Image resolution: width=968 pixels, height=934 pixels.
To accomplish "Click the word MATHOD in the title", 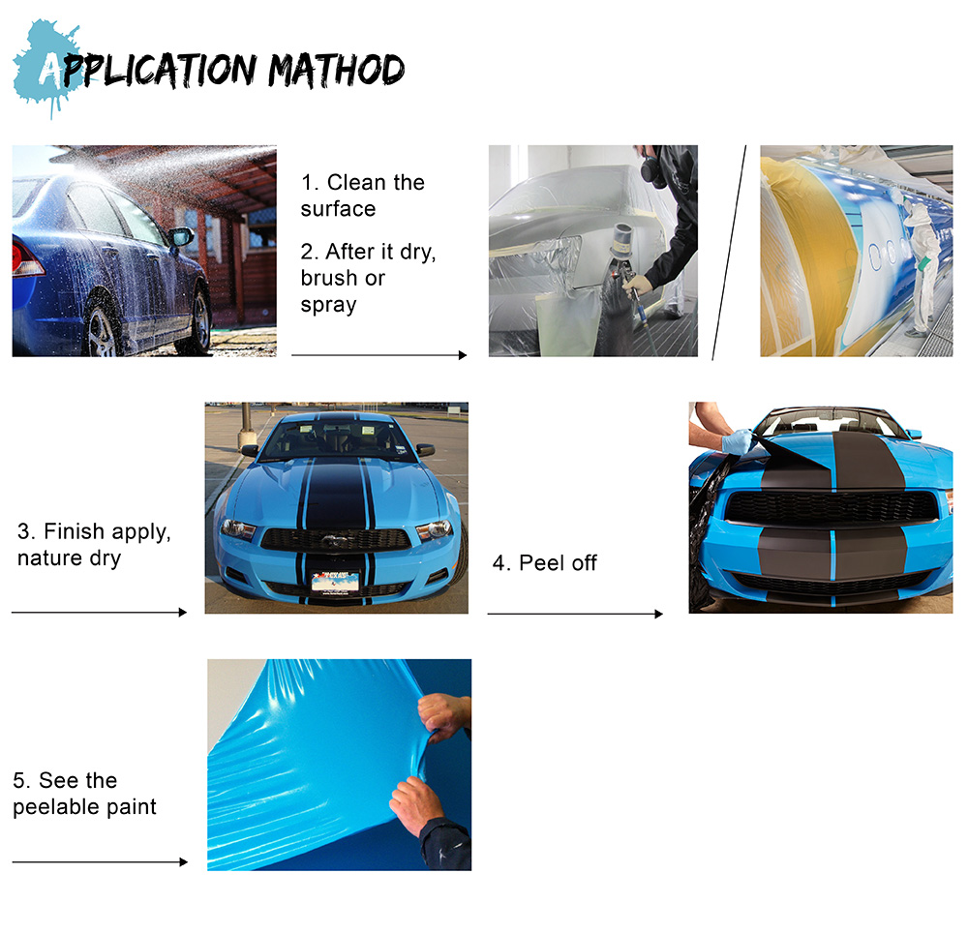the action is [336, 71].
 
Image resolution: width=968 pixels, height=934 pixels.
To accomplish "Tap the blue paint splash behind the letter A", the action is [46, 68].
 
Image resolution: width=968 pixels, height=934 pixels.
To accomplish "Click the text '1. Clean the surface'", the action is [363, 196].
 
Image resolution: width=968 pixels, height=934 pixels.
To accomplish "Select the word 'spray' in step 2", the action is [328, 306].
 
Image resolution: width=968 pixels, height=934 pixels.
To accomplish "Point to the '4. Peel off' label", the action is [544, 563].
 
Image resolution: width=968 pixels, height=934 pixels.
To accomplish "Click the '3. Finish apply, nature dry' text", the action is [94, 545].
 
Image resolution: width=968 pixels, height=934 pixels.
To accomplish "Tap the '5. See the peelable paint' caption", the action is [84, 794].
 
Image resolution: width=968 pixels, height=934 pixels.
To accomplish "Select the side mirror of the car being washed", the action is [181, 236].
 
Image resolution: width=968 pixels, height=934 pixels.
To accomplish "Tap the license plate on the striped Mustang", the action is [335, 582].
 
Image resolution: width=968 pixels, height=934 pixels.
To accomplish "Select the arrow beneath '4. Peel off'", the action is [575, 614].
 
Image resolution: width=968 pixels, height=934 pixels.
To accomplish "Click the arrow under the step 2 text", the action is [379, 355].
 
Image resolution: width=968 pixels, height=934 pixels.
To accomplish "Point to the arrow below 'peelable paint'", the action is [100, 861].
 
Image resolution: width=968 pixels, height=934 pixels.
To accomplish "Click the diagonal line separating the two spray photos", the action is [729, 253].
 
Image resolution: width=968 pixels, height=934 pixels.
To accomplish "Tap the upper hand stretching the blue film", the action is [444, 716].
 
